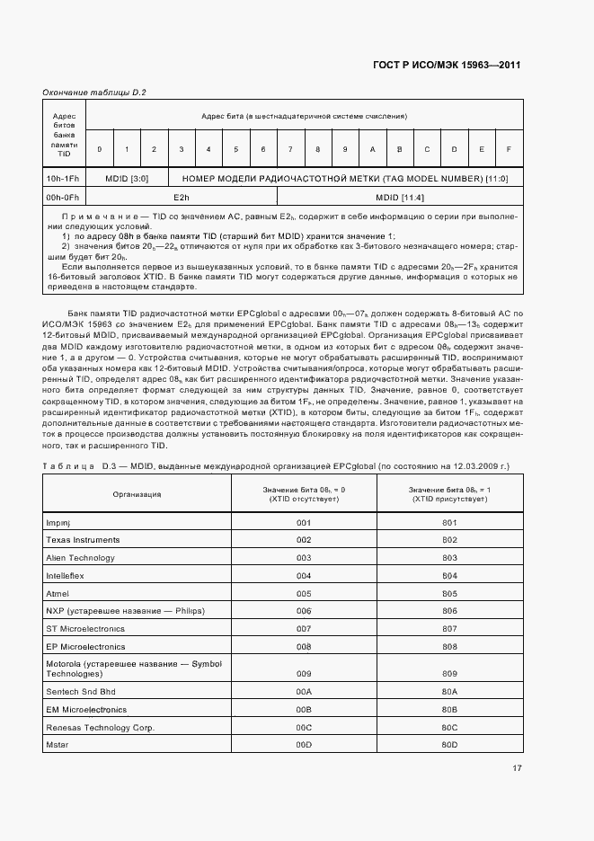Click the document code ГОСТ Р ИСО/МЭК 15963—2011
[x=446, y=66]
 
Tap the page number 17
[x=517, y=768]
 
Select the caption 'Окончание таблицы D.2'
[x=94, y=93]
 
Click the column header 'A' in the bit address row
[x=372, y=148]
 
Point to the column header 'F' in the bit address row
[x=509, y=148]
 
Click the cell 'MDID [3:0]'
[x=127, y=178]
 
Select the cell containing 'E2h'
[x=181, y=197]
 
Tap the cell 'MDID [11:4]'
[x=399, y=197]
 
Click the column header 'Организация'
[x=137, y=493]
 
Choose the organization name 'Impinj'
[x=58, y=522]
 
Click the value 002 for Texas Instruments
[x=304, y=540]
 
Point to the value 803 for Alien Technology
[x=450, y=558]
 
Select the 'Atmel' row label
[x=58, y=594]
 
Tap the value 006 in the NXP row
[x=304, y=611]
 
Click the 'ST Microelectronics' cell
[x=85, y=629]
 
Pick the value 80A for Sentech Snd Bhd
[x=450, y=691]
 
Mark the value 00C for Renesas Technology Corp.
[x=304, y=727]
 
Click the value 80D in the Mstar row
[x=450, y=745]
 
